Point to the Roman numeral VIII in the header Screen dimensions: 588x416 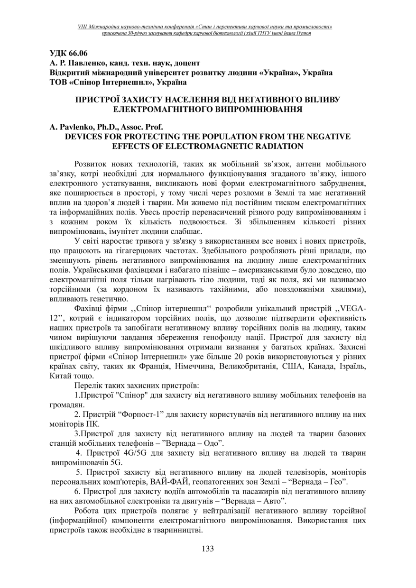(84, 27)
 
